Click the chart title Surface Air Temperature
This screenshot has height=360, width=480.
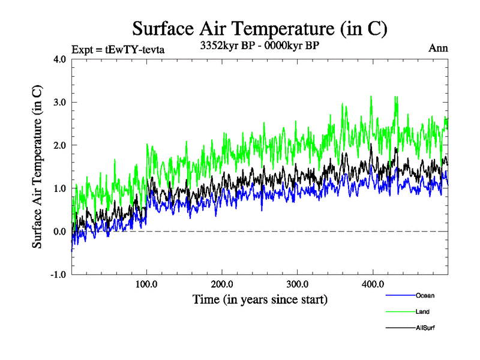tap(259, 28)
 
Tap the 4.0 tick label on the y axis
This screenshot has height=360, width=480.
tap(59, 59)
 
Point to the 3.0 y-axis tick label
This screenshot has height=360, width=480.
tap(59, 102)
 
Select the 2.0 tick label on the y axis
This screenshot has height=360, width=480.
tap(59, 145)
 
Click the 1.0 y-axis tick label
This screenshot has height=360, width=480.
tap(59, 188)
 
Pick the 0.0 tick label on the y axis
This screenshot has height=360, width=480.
tap(59, 232)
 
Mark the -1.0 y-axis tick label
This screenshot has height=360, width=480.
tap(58, 275)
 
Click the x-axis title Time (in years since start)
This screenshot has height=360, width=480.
tap(259, 298)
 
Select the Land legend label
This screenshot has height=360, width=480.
tap(422, 311)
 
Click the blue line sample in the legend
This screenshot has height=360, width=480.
tap(400, 295)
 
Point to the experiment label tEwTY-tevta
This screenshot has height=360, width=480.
tap(118, 49)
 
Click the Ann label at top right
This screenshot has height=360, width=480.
tap(438, 48)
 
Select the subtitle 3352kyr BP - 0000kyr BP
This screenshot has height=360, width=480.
tap(259, 45)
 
